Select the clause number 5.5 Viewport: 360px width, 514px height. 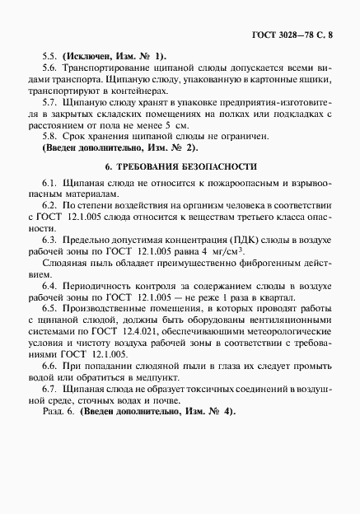point(49,54)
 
